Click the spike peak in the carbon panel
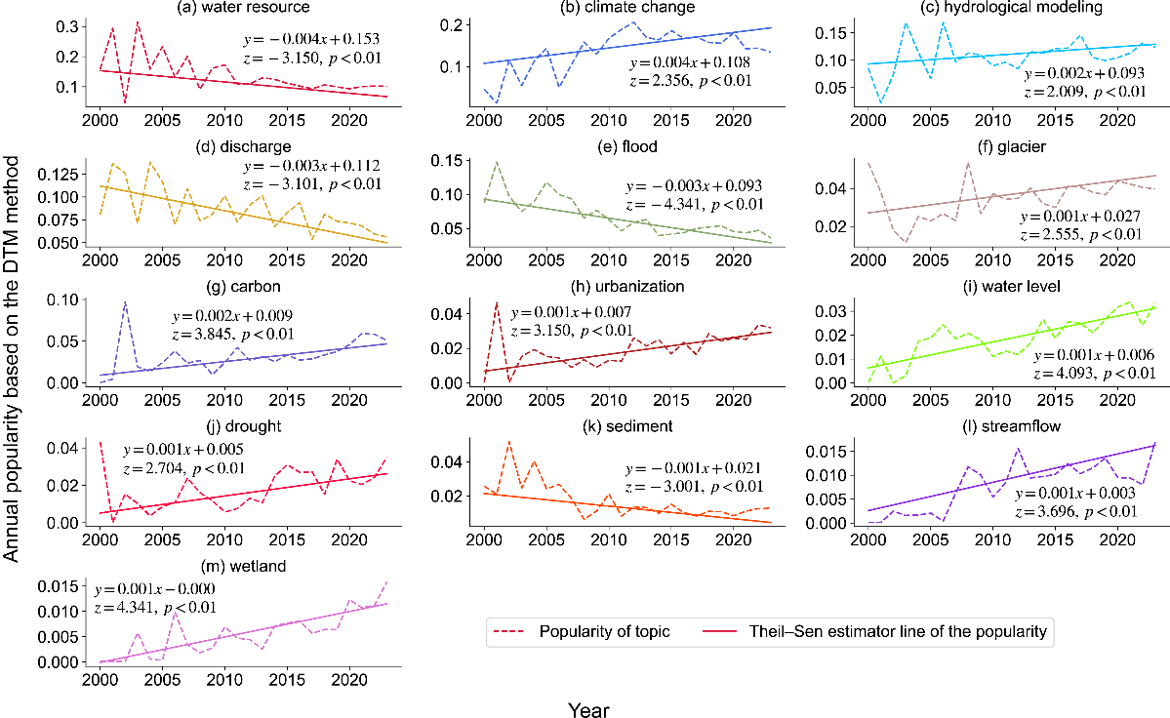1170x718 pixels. click(x=125, y=302)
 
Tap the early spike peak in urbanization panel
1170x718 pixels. click(x=497, y=302)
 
